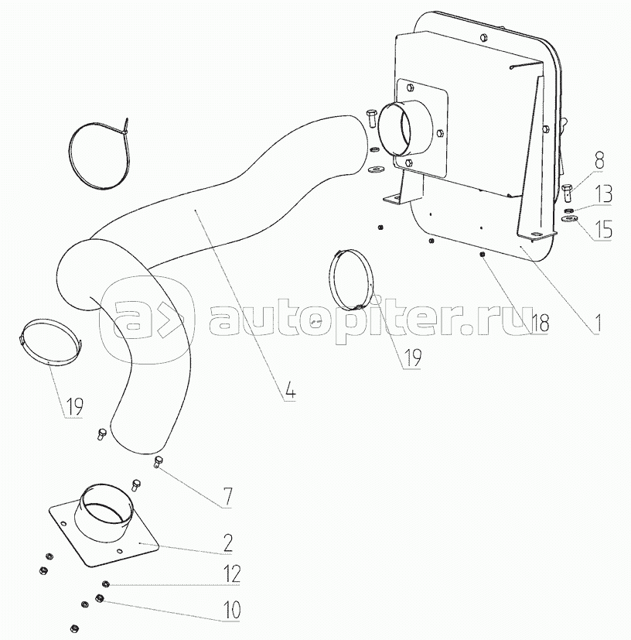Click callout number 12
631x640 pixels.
(x=230, y=574)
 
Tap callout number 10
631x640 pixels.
(x=230, y=610)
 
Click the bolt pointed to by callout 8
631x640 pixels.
(x=568, y=190)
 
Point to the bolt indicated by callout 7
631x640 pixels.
(x=159, y=462)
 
